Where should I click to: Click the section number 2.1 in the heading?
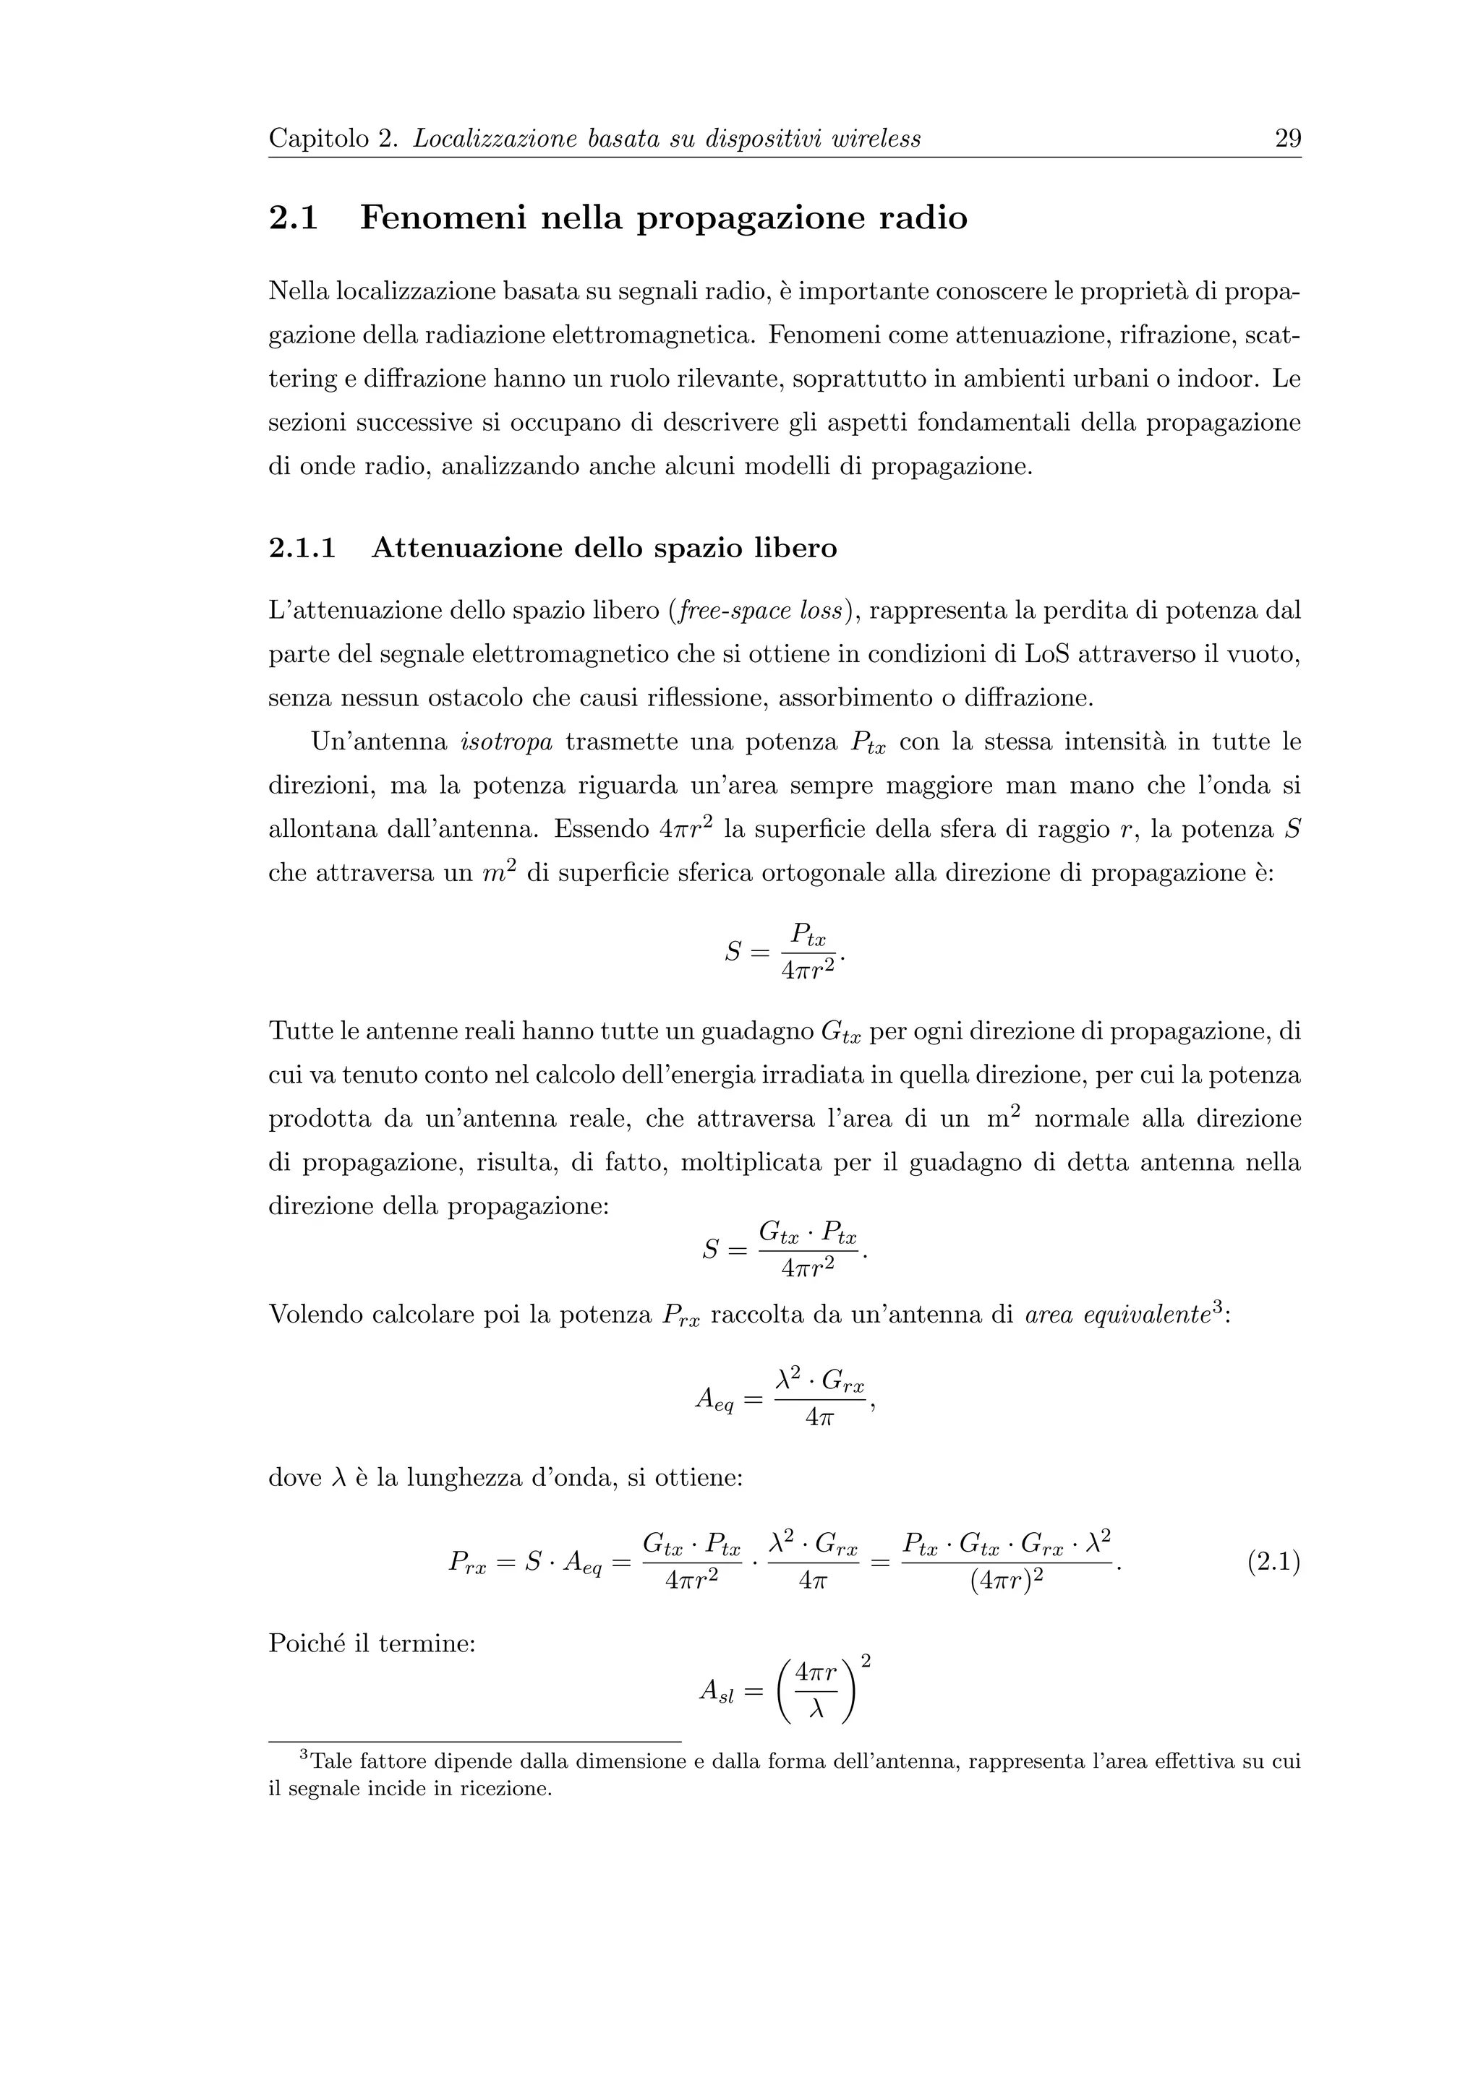294,219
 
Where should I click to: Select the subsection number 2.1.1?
302,549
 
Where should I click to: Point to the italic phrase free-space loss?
758,610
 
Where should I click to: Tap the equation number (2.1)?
1273,1563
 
